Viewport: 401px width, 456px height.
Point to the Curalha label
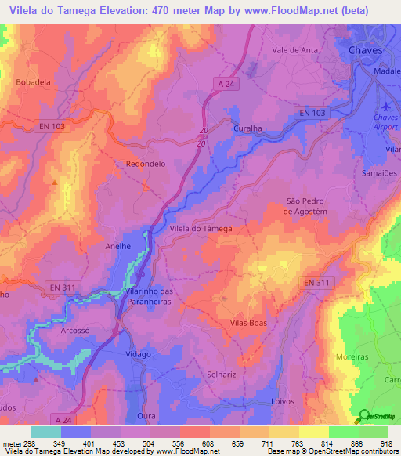(x=248, y=126)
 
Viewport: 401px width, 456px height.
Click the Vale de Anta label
(x=293, y=49)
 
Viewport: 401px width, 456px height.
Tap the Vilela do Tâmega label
(x=200, y=228)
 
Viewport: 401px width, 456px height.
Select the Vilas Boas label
(x=249, y=323)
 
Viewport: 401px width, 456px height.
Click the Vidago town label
(x=137, y=354)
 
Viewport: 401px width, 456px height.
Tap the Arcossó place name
(x=77, y=331)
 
